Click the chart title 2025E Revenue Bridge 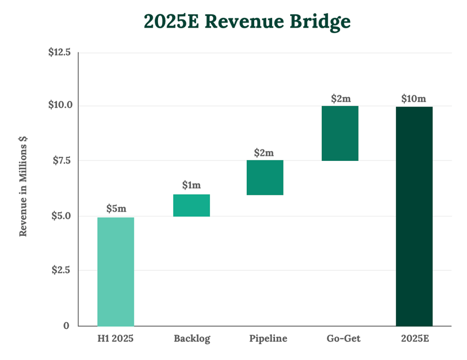(247, 21)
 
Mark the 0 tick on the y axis (66, 326)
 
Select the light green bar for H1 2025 (116, 271)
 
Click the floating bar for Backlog (191, 205)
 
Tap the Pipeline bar (265, 178)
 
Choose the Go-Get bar (340, 133)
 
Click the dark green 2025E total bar (414, 216)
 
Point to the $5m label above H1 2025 (116, 208)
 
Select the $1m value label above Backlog (191, 185)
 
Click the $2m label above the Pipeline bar (265, 152)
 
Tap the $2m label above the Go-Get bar (341, 98)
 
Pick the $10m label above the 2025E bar (414, 98)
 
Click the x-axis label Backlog (191, 339)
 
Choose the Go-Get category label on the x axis (343, 339)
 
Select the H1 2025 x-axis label (116, 339)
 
